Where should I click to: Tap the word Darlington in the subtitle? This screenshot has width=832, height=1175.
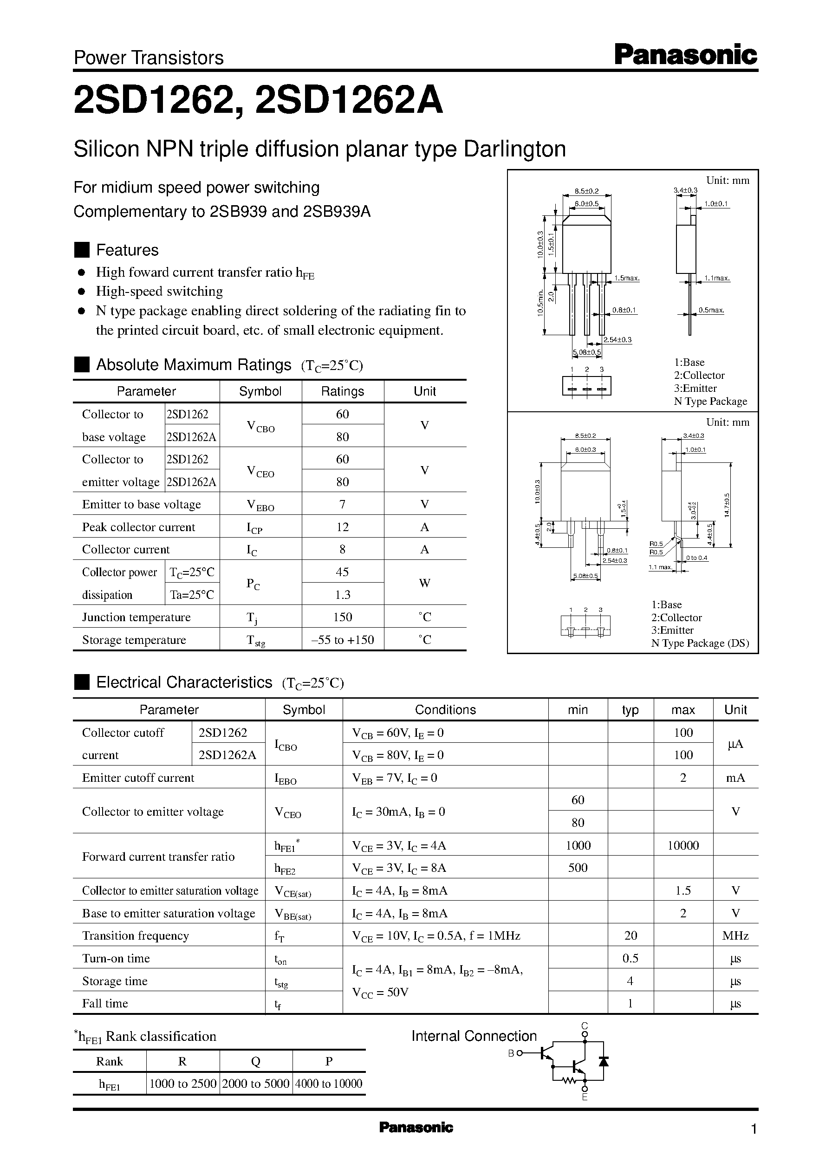coord(514,149)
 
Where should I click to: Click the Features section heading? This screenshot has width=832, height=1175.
coord(127,250)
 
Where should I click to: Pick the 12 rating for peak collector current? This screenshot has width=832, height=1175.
coord(342,526)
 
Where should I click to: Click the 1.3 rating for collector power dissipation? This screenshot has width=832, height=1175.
coord(342,594)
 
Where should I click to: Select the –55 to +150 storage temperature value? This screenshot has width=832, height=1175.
coord(342,639)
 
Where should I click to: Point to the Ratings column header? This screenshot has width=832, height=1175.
coord(342,391)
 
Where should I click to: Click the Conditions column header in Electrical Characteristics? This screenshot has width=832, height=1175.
coord(445,709)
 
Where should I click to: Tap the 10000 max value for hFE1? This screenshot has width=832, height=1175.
coord(683,845)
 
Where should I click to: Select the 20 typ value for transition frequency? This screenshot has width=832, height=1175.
coord(630,935)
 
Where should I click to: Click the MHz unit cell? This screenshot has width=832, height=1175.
coord(735,935)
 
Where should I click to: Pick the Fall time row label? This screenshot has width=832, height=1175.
coord(105,1003)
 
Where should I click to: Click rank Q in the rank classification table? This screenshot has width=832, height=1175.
coord(256,1061)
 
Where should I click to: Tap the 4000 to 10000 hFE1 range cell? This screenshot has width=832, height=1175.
coord(328,1084)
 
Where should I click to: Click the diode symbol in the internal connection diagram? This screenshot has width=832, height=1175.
coord(604,1061)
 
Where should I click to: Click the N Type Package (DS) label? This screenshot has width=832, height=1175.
coord(700,643)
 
